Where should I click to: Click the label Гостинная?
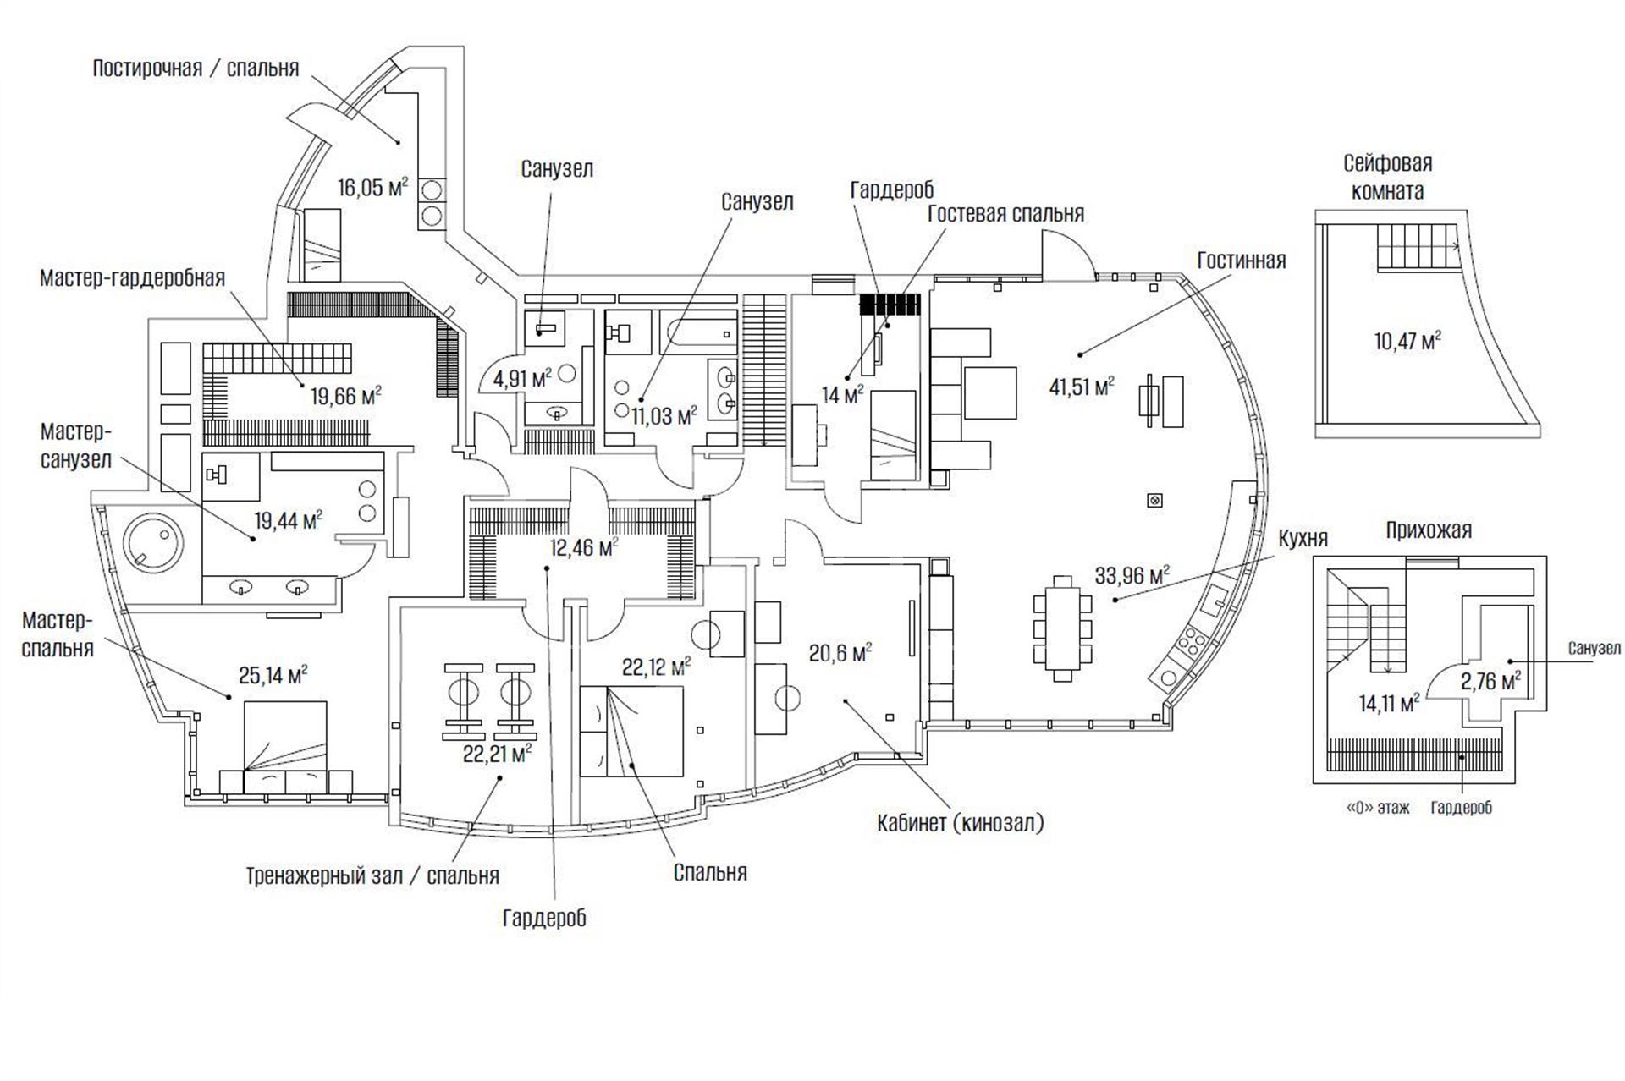tap(1241, 261)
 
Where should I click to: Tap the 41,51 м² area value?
tap(1081, 387)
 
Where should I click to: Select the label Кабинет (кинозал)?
tap(960, 823)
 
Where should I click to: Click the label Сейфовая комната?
tap(1387, 177)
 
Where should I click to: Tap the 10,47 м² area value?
tap(1407, 341)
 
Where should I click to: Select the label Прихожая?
tap(1429, 530)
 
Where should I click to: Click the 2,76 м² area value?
tap(1490, 680)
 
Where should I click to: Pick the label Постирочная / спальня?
tap(196, 69)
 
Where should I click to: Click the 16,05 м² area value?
tap(372, 187)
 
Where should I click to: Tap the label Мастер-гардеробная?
tap(133, 278)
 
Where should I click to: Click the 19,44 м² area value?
tap(289, 519)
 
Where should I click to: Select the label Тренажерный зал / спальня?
tap(372, 875)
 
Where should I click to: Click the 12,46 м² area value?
tap(584, 547)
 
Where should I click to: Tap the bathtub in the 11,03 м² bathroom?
tap(698, 332)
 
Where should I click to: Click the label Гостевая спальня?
tap(1005, 213)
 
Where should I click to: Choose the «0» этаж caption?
tap(1378, 808)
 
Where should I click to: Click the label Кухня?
tap(1303, 538)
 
